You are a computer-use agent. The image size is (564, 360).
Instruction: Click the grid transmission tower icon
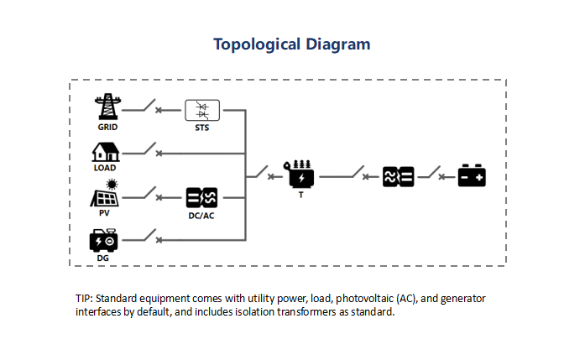(107, 107)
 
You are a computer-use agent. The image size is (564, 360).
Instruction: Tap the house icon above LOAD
(106, 152)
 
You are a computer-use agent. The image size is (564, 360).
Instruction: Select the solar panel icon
(104, 198)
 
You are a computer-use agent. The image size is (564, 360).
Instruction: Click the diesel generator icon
(103, 240)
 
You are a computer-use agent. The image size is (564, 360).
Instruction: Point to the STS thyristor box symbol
(202, 110)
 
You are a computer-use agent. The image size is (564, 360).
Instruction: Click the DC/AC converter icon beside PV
(201, 197)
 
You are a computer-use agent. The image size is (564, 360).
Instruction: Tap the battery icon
(472, 175)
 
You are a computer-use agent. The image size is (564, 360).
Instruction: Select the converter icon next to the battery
(398, 176)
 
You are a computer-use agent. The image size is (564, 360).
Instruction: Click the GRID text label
(107, 128)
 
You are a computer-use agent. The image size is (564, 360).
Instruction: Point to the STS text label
(201, 128)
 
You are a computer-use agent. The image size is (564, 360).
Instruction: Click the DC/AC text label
(201, 216)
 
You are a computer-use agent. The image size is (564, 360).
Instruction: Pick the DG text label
(102, 258)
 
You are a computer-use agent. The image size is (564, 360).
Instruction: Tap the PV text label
(104, 213)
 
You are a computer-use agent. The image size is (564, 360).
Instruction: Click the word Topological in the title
(257, 45)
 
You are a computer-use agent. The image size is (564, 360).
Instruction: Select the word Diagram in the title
(337, 44)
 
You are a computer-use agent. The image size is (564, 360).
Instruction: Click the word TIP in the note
(84, 299)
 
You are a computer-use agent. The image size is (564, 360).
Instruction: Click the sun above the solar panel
(112, 185)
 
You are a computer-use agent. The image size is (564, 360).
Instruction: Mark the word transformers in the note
(306, 312)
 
